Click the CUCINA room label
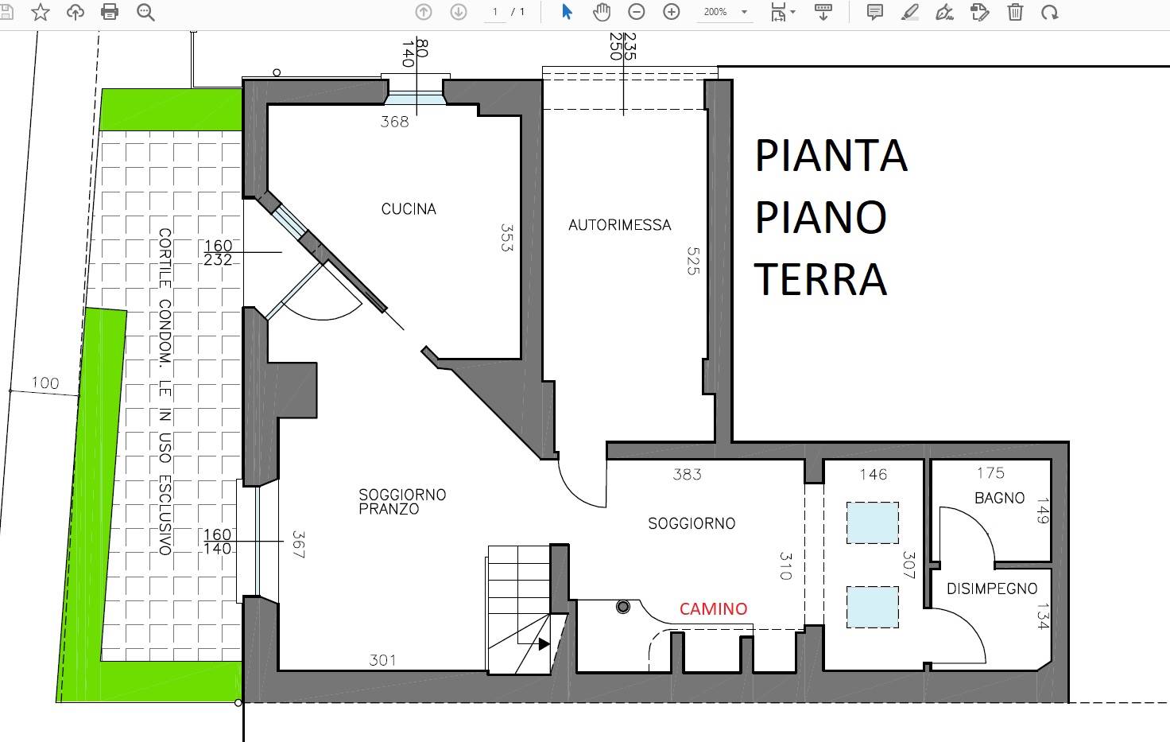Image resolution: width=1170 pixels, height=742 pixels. pyautogui.click(x=409, y=209)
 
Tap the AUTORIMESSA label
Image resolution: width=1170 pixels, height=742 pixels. pyautogui.click(x=619, y=225)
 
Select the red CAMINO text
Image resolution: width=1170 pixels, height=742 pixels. pyautogui.click(x=714, y=608)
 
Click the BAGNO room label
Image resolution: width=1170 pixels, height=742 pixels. pyautogui.click(x=1000, y=498)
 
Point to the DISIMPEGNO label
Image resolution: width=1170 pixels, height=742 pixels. pyautogui.click(x=992, y=589)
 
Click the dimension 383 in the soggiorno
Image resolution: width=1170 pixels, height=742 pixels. pyautogui.click(x=687, y=475)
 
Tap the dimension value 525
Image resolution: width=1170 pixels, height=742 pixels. pyautogui.click(x=693, y=262)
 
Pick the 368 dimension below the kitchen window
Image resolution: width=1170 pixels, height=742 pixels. pyautogui.click(x=394, y=122)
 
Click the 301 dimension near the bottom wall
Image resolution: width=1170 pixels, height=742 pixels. pyautogui.click(x=382, y=661)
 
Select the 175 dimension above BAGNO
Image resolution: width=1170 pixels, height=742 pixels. pyautogui.click(x=991, y=473)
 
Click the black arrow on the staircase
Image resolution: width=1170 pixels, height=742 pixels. pyautogui.click(x=544, y=643)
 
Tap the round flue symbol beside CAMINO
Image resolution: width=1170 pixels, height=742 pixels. pyautogui.click(x=622, y=607)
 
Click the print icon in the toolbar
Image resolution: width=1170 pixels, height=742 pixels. pyautogui.click(x=110, y=11)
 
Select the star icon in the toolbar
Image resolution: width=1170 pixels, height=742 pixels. pyautogui.click(x=41, y=11)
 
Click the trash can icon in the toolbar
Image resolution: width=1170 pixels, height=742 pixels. pyautogui.click(x=1015, y=11)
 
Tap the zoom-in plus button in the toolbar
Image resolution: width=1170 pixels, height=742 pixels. pyautogui.click(x=671, y=11)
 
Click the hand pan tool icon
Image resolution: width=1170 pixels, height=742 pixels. pyautogui.click(x=602, y=11)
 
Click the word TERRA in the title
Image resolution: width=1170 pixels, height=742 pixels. pyautogui.click(x=820, y=280)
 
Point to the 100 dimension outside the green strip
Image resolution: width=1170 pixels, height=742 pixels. pyautogui.click(x=45, y=383)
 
